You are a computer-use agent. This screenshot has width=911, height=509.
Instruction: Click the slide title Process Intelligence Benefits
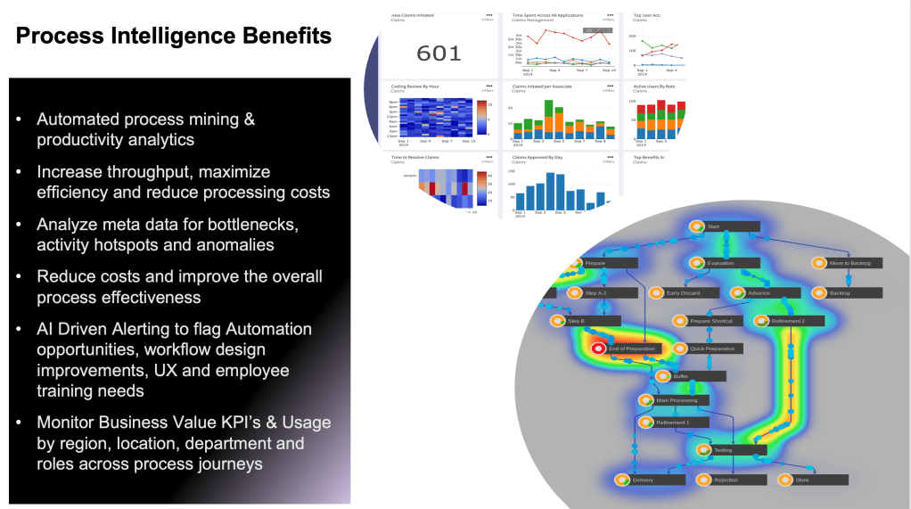point(174,37)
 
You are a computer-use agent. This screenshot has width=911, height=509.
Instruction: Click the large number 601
point(439,53)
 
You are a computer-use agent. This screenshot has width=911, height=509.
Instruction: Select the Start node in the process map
point(713,227)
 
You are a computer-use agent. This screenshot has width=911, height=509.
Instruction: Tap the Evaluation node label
point(720,263)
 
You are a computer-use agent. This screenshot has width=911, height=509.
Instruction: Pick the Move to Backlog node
point(855,263)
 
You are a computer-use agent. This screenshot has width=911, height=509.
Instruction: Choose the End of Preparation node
point(632,349)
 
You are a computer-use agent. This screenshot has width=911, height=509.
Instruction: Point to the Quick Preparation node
point(712,349)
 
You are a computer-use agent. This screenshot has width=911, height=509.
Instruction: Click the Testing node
point(723,450)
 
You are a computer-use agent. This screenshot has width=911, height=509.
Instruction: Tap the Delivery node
point(643,480)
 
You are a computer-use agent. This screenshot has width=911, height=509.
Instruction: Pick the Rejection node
point(726,480)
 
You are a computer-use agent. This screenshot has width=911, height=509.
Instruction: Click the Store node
point(802,480)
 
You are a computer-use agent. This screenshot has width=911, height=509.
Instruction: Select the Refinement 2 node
point(788,321)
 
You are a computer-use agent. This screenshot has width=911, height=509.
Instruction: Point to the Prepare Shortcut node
point(710,321)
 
